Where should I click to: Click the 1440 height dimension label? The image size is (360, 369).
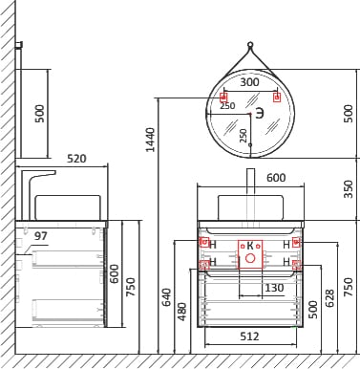[x=150, y=140]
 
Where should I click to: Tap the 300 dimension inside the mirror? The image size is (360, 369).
[x=249, y=82]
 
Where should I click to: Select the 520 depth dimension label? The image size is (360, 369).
[x=76, y=159]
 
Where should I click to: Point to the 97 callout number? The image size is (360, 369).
[x=41, y=236]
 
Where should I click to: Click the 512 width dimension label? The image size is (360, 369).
[x=249, y=336]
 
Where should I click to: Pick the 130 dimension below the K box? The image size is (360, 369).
[x=274, y=288]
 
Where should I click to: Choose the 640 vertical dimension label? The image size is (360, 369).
[x=167, y=297]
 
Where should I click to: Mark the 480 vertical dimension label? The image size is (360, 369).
[x=182, y=312]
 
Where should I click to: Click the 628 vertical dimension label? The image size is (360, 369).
[x=330, y=298]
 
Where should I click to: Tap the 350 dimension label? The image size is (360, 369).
[x=349, y=189]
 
